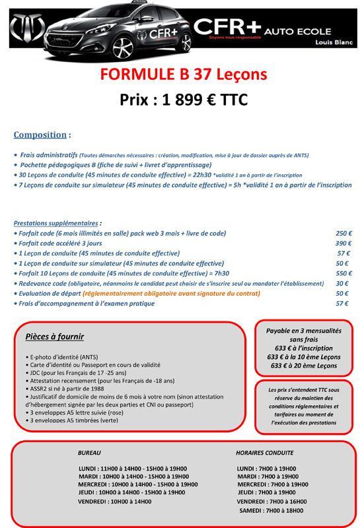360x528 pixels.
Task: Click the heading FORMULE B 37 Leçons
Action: (x=184, y=73)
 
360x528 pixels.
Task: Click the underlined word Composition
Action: (x=40, y=135)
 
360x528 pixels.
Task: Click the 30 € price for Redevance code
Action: (x=343, y=283)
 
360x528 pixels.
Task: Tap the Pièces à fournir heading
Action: (x=54, y=337)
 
